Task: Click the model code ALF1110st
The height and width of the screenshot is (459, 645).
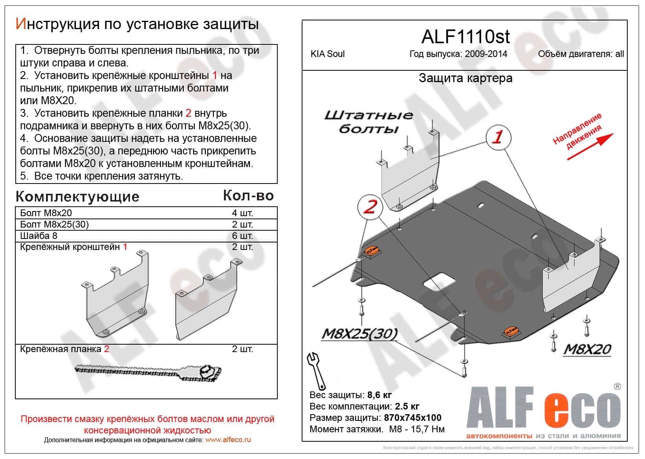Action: pyautogui.click(x=465, y=37)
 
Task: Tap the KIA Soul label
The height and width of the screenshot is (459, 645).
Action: pyautogui.click(x=327, y=54)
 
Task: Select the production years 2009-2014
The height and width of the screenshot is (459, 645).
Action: pyautogui.click(x=486, y=54)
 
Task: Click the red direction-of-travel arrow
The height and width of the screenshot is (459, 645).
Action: pyautogui.click(x=590, y=147)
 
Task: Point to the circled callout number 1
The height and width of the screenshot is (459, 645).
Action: pyautogui.click(x=498, y=137)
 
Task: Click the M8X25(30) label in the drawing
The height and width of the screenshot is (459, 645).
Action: pyautogui.click(x=359, y=334)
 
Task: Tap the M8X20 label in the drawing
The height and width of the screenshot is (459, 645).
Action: pyautogui.click(x=587, y=349)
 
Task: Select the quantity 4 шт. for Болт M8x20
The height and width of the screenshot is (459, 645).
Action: pyautogui.click(x=242, y=213)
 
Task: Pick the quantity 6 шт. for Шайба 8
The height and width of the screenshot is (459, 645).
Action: pyautogui.click(x=242, y=236)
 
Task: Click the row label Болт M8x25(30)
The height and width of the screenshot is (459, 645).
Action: pyautogui.click(x=55, y=224)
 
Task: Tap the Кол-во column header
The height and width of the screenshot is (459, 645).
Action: pyautogui.click(x=248, y=195)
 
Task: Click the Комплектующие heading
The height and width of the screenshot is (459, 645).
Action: pyautogui.click(x=77, y=196)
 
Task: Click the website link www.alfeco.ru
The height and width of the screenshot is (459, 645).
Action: pyautogui.click(x=228, y=440)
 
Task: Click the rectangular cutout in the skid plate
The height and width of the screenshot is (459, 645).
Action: pyautogui.click(x=439, y=282)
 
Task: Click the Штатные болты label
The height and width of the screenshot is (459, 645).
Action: pyautogui.click(x=368, y=122)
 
